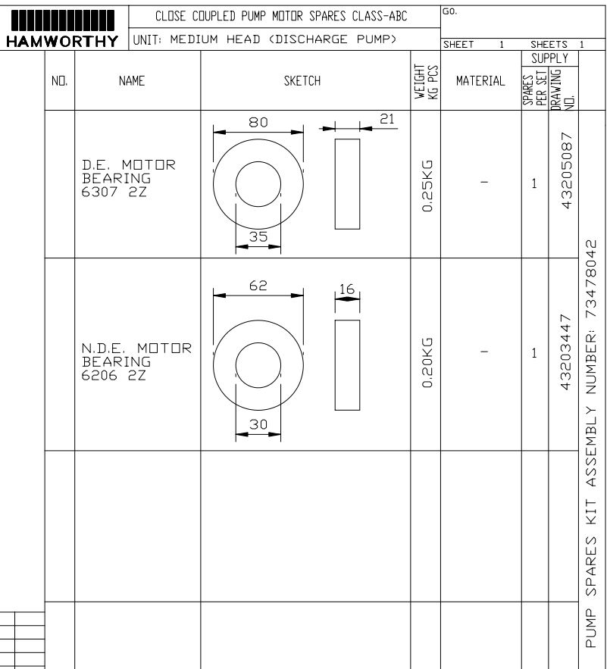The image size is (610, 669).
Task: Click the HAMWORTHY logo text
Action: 62,42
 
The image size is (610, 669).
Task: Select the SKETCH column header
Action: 302,80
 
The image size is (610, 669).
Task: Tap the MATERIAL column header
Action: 480,80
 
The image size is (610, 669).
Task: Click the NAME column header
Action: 132,80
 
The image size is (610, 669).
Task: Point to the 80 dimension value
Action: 258,123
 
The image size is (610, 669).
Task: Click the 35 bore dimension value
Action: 258,236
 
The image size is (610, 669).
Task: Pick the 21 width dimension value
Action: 386,119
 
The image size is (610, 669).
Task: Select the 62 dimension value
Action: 258,285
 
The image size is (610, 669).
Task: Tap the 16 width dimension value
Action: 347,289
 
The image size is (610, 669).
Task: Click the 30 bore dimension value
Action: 258,424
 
